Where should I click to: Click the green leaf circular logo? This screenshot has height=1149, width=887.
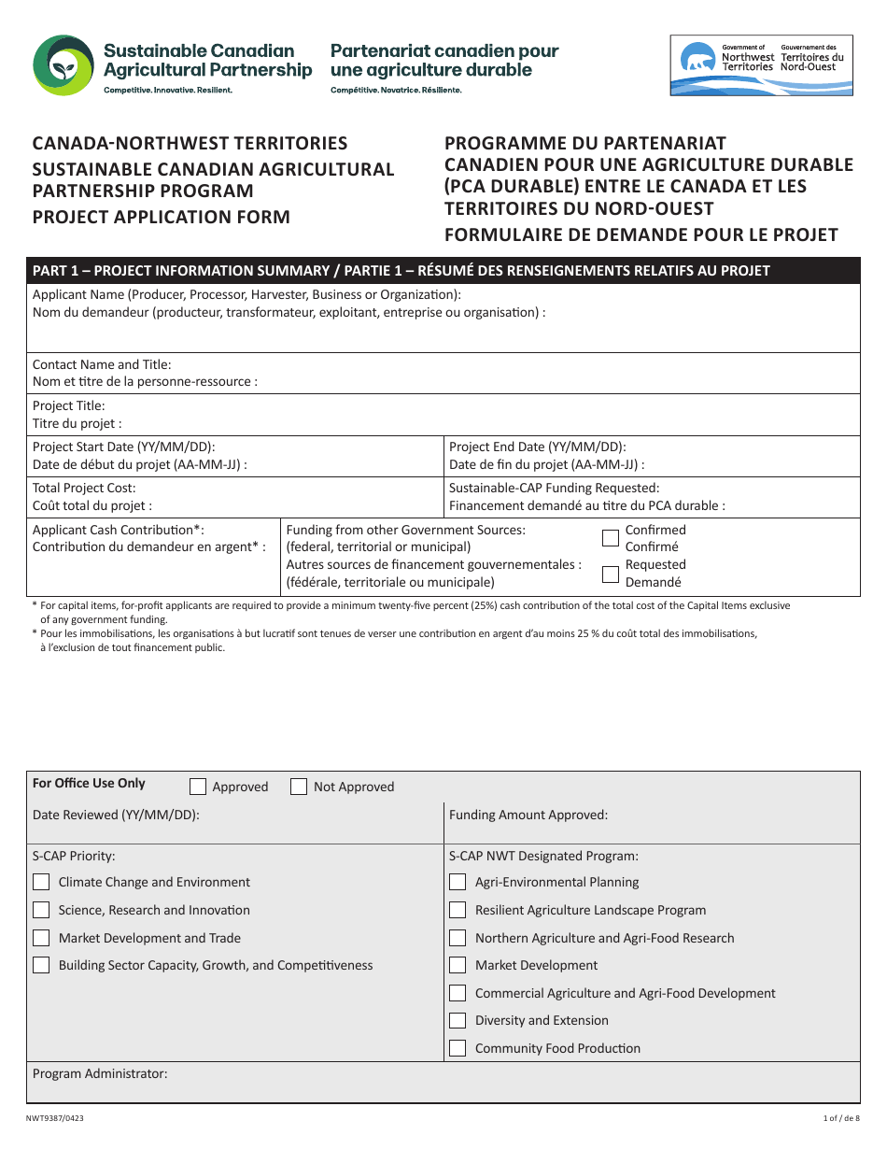coord(63,65)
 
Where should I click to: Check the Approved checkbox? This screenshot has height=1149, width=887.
coord(198,787)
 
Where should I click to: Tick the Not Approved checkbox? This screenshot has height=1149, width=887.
coord(299,787)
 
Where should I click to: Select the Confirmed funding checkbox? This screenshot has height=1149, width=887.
coord(611,537)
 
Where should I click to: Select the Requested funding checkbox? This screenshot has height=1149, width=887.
coord(611,574)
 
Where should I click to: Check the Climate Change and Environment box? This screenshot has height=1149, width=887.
coord(41,882)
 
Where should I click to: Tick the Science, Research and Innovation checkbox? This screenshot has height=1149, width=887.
coord(41,910)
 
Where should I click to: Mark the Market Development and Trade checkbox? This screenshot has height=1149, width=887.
coord(41,938)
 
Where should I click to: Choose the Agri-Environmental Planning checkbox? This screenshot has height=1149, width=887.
coord(458,882)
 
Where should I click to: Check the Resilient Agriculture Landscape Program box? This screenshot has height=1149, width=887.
coord(458,910)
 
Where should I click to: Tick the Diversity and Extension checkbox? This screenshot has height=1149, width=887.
coord(458,1020)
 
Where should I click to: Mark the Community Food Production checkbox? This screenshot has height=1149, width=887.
coord(458,1048)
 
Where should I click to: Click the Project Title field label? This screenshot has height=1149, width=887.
coord(69,406)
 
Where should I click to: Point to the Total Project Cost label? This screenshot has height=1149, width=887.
coord(84,488)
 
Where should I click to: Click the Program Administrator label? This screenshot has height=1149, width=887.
coord(100,1073)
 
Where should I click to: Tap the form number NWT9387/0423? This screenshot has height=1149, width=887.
coord(61,1118)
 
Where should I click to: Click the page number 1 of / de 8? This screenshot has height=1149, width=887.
coord(841,1118)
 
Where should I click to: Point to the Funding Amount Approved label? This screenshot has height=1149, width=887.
coord(528,815)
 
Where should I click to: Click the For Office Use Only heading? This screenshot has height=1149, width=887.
coord(89,784)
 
